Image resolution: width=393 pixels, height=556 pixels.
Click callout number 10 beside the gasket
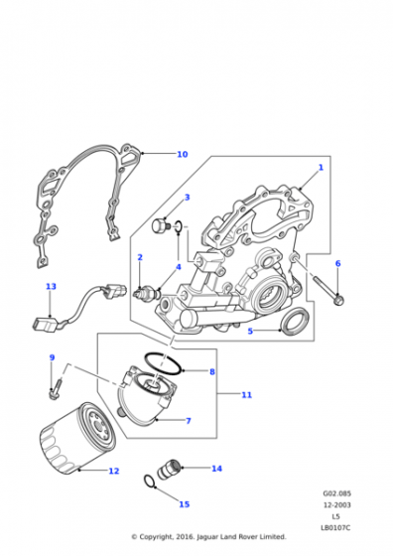pos(183,154)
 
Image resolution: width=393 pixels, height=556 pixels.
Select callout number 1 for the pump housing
pos(321,167)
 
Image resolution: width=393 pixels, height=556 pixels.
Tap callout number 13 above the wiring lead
pos(51,286)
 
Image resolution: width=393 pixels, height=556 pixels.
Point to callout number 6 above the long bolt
pos(337,263)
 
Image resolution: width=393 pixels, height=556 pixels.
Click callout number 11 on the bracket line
pos(247,395)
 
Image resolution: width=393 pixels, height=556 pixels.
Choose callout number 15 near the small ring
pos(185,504)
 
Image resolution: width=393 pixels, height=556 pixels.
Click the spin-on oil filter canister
pos(78,438)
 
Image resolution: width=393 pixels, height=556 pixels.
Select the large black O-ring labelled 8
pos(164,363)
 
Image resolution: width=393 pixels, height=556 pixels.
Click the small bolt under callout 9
pos(56,389)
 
